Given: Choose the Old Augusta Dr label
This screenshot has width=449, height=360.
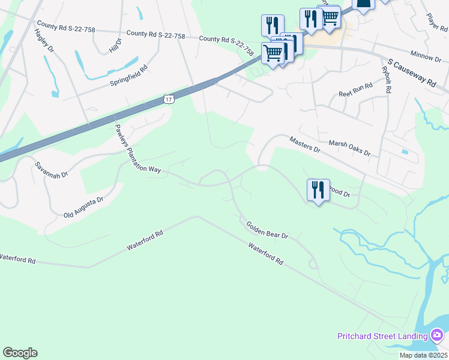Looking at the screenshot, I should [83, 207].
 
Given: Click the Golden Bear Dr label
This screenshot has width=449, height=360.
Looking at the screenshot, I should [268, 230].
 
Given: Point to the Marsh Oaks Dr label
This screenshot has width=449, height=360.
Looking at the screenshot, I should [350, 148].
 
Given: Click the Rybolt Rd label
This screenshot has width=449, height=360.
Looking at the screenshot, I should [387, 79].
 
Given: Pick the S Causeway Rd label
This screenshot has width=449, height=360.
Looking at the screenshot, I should [412, 74].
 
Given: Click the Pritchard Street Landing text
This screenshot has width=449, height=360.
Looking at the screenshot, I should [382, 336].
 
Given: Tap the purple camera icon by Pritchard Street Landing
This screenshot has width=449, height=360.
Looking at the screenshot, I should [438, 334].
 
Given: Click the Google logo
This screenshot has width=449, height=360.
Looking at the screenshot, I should [20, 353].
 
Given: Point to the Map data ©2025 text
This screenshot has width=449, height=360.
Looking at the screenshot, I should [424, 355].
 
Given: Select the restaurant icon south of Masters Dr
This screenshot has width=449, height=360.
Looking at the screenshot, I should [318, 190].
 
